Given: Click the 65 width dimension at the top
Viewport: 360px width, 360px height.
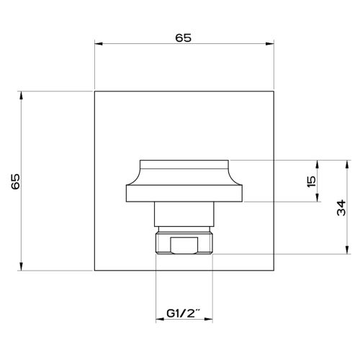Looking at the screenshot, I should coord(183,38).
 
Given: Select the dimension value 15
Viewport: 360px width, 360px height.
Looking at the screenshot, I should coord(311,181).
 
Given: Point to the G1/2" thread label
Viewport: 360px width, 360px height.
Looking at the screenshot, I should coord(184,314).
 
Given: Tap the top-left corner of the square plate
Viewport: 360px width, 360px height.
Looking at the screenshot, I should coord(95,92).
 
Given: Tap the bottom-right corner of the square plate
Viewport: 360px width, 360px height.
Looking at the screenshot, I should coord(274,271).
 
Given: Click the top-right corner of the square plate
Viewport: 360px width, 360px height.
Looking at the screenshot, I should coord(274,92).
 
